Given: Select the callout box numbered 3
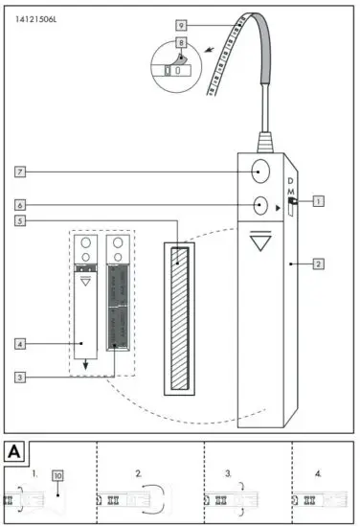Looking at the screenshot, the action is (x=20, y=378).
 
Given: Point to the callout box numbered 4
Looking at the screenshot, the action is (x=20, y=342).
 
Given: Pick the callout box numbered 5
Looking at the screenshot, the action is (x=20, y=221).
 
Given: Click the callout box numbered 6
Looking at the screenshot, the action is (x=20, y=205).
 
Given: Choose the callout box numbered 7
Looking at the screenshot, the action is (x=20, y=172).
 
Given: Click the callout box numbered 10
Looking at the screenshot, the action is (x=58, y=474).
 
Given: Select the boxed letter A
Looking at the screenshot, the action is (x=15, y=449).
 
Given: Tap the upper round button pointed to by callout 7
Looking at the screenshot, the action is (x=259, y=172).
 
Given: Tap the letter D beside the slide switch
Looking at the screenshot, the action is (x=293, y=180).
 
